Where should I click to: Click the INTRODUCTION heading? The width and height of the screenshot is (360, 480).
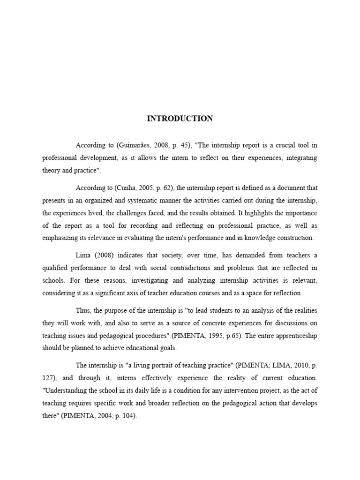(x=180, y=119)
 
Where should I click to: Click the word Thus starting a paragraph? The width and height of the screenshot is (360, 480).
(x=82, y=311)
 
